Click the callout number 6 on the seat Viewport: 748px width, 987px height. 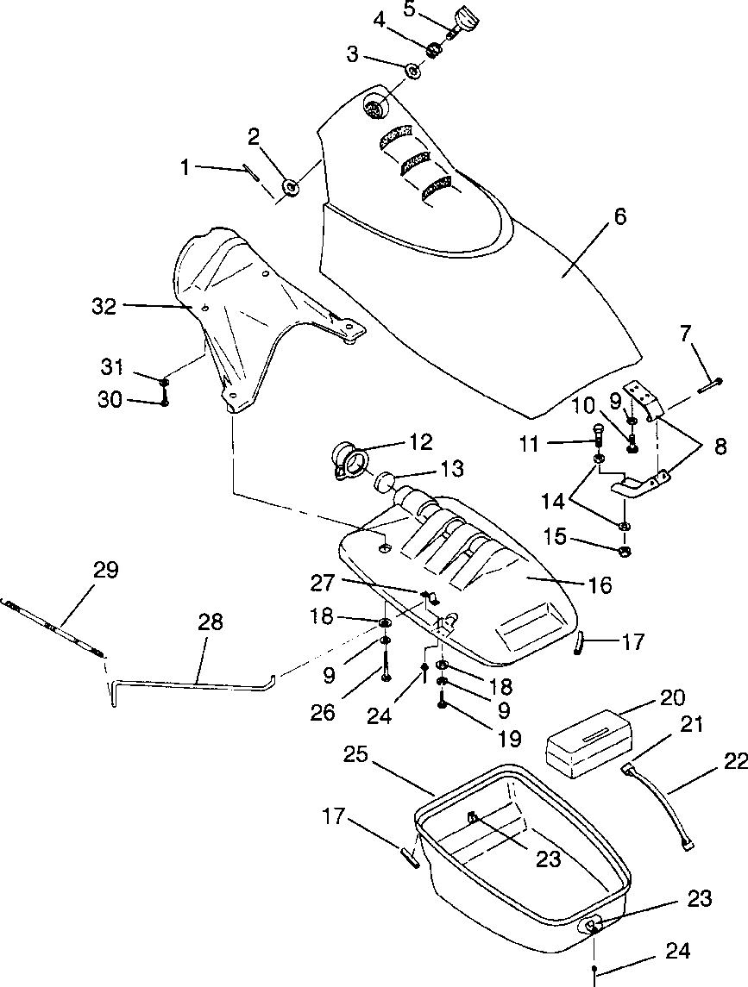pyautogui.click(x=620, y=216)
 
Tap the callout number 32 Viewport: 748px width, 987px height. pyautogui.click(x=104, y=307)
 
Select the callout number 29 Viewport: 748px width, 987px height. pyautogui.click(x=105, y=571)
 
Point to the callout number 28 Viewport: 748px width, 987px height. pyautogui.click(x=210, y=622)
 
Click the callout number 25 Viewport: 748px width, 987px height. pyautogui.click(x=356, y=754)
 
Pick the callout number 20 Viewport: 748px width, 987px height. pyautogui.click(x=672, y=698)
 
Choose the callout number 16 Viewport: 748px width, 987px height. pyautogui.click(x=601, y=585)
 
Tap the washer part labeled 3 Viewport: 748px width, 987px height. pyautogui.click(x=412, y=71)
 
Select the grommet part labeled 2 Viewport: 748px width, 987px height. pyautogui.click(x=291, y=186)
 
